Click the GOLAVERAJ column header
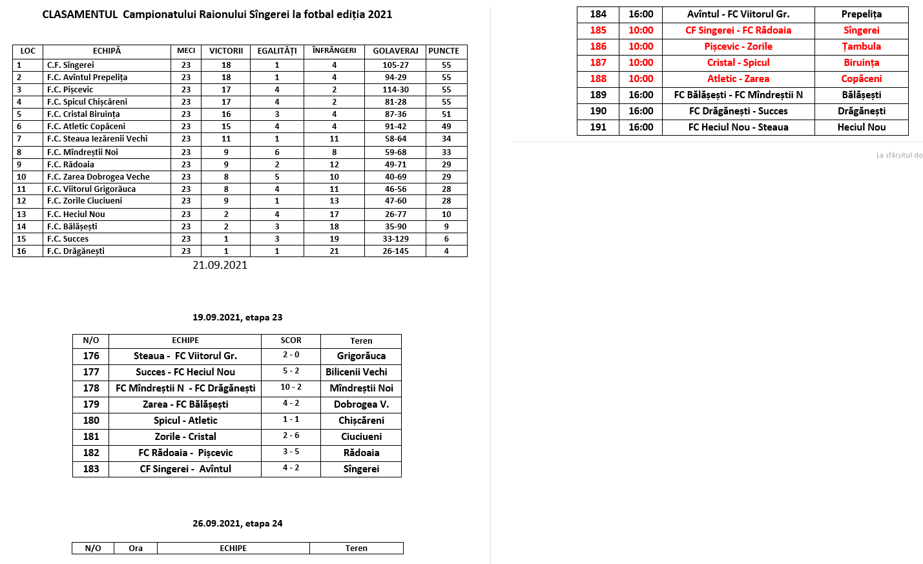click(x=395, y=51)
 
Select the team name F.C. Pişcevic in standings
click(x=70, y=90)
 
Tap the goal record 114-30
click(x=395, y=90)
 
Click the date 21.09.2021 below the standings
click(x=220, y=265)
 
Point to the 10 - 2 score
click(x=291, y=387)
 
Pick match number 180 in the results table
click(x=91, y=421)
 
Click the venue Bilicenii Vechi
click(x=357, y=372)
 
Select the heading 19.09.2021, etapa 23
click(x=237, y=317)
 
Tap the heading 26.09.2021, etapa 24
click(x=237, y=523)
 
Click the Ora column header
click(x=136, y=548)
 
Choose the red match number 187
click(x=598, y=63)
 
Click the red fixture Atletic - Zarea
click(x=738, y=79)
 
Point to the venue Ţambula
click(x=861, y=47)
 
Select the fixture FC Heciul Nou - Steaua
click(x=738, y=127)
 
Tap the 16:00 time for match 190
click(x=641, y=111)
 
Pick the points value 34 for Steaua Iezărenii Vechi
click(x=446, y=139)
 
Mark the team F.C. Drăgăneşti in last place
click(x=76, y=251)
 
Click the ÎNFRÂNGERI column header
click(x=334, y=50)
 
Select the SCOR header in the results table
click(x=291, y=340)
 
